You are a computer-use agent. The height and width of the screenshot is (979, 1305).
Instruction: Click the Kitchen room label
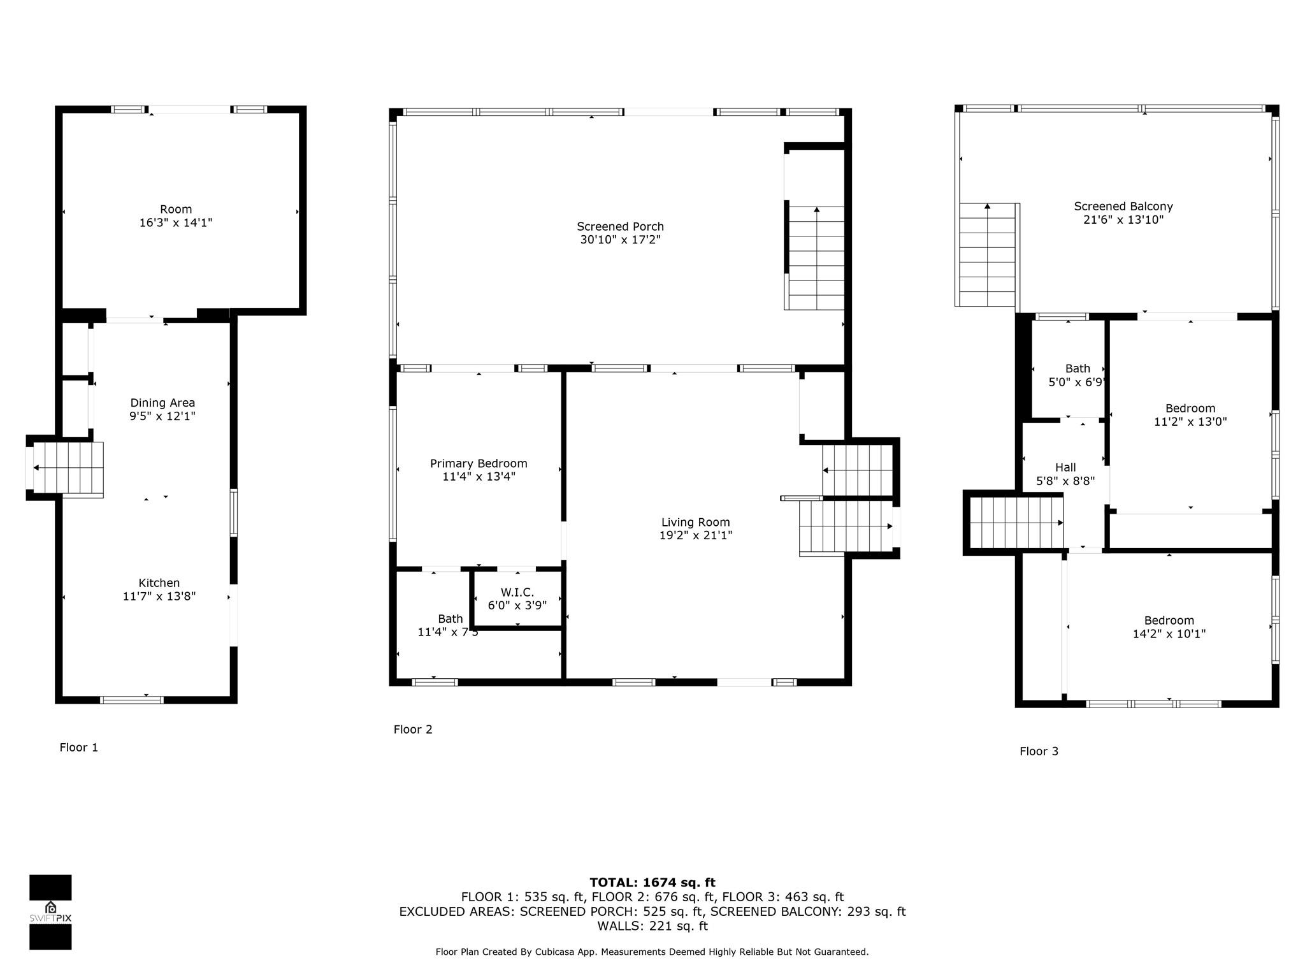[x=159, y=583]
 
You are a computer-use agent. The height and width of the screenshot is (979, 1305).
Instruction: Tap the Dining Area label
[x=162, y=403]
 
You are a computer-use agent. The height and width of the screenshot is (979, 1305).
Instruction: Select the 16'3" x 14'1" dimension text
[x=176, y=223]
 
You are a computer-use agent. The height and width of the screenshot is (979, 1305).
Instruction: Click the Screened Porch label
[x=620, y=226]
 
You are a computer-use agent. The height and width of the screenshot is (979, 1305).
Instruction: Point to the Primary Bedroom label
[x=479, y=463]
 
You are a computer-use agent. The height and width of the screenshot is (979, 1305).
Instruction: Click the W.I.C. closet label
[x=517, y=592]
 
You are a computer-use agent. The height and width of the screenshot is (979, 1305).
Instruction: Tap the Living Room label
[x=695, y=522]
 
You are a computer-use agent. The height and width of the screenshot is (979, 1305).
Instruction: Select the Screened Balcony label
[x=1123, y=206]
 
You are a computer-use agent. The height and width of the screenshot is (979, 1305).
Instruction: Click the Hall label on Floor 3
[x=1065, y=467]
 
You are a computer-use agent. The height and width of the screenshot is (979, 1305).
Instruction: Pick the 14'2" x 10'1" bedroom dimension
[x=1169, y=634]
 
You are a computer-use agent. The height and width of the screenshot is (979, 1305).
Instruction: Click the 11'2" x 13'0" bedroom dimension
[x=1190, y=422]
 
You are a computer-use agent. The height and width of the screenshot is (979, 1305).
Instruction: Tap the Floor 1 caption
[x=79, y=748]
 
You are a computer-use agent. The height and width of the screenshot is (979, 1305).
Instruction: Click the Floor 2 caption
[x=413, y=729]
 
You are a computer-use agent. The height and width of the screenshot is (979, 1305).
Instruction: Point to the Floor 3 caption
[x=1039, y=751]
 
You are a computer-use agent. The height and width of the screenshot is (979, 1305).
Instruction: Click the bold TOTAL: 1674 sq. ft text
[x=652, y=883]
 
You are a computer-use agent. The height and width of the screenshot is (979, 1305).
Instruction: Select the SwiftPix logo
[x=50, y=911]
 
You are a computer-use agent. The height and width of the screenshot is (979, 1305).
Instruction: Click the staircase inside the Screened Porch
[x=816, y=258]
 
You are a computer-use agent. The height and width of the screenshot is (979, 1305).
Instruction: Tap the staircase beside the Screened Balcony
[x=986, y=255]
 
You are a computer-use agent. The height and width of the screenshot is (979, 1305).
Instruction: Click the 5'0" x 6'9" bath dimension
[x=1076, y=382]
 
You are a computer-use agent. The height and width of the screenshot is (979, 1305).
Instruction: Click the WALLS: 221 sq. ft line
[x=652, y=926]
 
